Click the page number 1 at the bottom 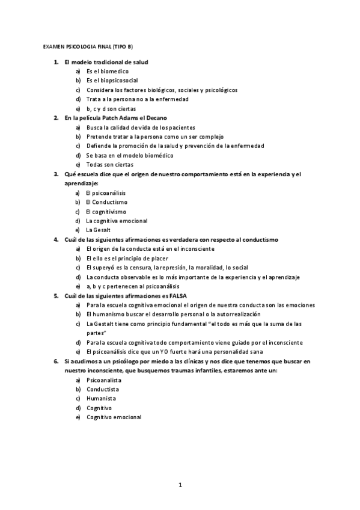point(180,484)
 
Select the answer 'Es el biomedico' point(107,71)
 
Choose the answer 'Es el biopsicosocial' point(112,80)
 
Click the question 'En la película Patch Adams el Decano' point(115,118)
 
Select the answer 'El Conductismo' point(106,202)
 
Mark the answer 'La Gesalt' point(99,230)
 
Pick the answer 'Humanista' point(101,398)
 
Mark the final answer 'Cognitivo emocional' point(114,417)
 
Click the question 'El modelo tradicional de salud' point(106,62)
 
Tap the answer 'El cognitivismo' point(106,211)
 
